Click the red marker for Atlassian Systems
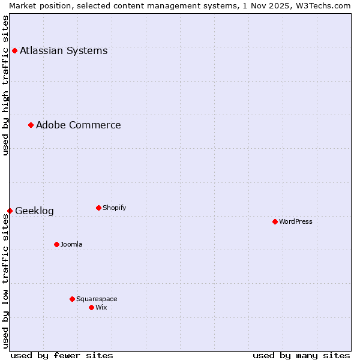pyautogui.click(x=14, y=50)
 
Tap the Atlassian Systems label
pyautogui.click(x=64, y=50)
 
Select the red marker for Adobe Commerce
pyautogui.click(x=31, y=125)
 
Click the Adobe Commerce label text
pyautogui.click(x=78, y=125)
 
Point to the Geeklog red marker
pyautogui.click(x=10, y=211)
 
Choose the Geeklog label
pyautogui.click(x=34, y=211)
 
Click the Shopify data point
pyautogui.click(x=98, y=208)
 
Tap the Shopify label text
pyautogui.click(x=114, y=208)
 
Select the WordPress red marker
pyautogui.click(x=275, y=221)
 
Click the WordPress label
pyautogui.click(x=295, y=221)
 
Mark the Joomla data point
pyautogui.click(x=56, y=244)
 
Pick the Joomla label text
pyautogui.click(x=71, y=244)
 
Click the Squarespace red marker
pyautogui.click(x=72, y=299)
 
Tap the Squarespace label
pyautogui.click(x=97, y=299)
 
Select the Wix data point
pyautogui.click(x=91, y=307)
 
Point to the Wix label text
pyautogui.click(x=101, y=307)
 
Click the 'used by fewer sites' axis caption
pyautogui.click(x=62, y=355)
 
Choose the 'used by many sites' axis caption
pyautogui.click(x=301, y=355)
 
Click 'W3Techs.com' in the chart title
pyautogui.click(x=326, y=5)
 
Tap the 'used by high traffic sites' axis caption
pyautogui.click(x=5, y=85)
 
